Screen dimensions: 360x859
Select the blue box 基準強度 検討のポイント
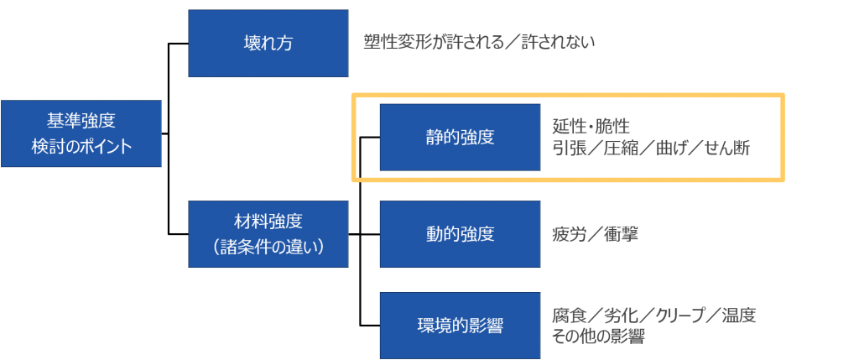81,133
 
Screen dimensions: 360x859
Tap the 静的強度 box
460,137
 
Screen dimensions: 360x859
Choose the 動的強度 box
460,232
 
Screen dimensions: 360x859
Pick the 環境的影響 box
460,326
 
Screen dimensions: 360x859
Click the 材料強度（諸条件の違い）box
268,234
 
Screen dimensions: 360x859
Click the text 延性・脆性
591,127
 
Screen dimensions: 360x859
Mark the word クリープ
681,316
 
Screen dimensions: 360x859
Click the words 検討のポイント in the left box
81,145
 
